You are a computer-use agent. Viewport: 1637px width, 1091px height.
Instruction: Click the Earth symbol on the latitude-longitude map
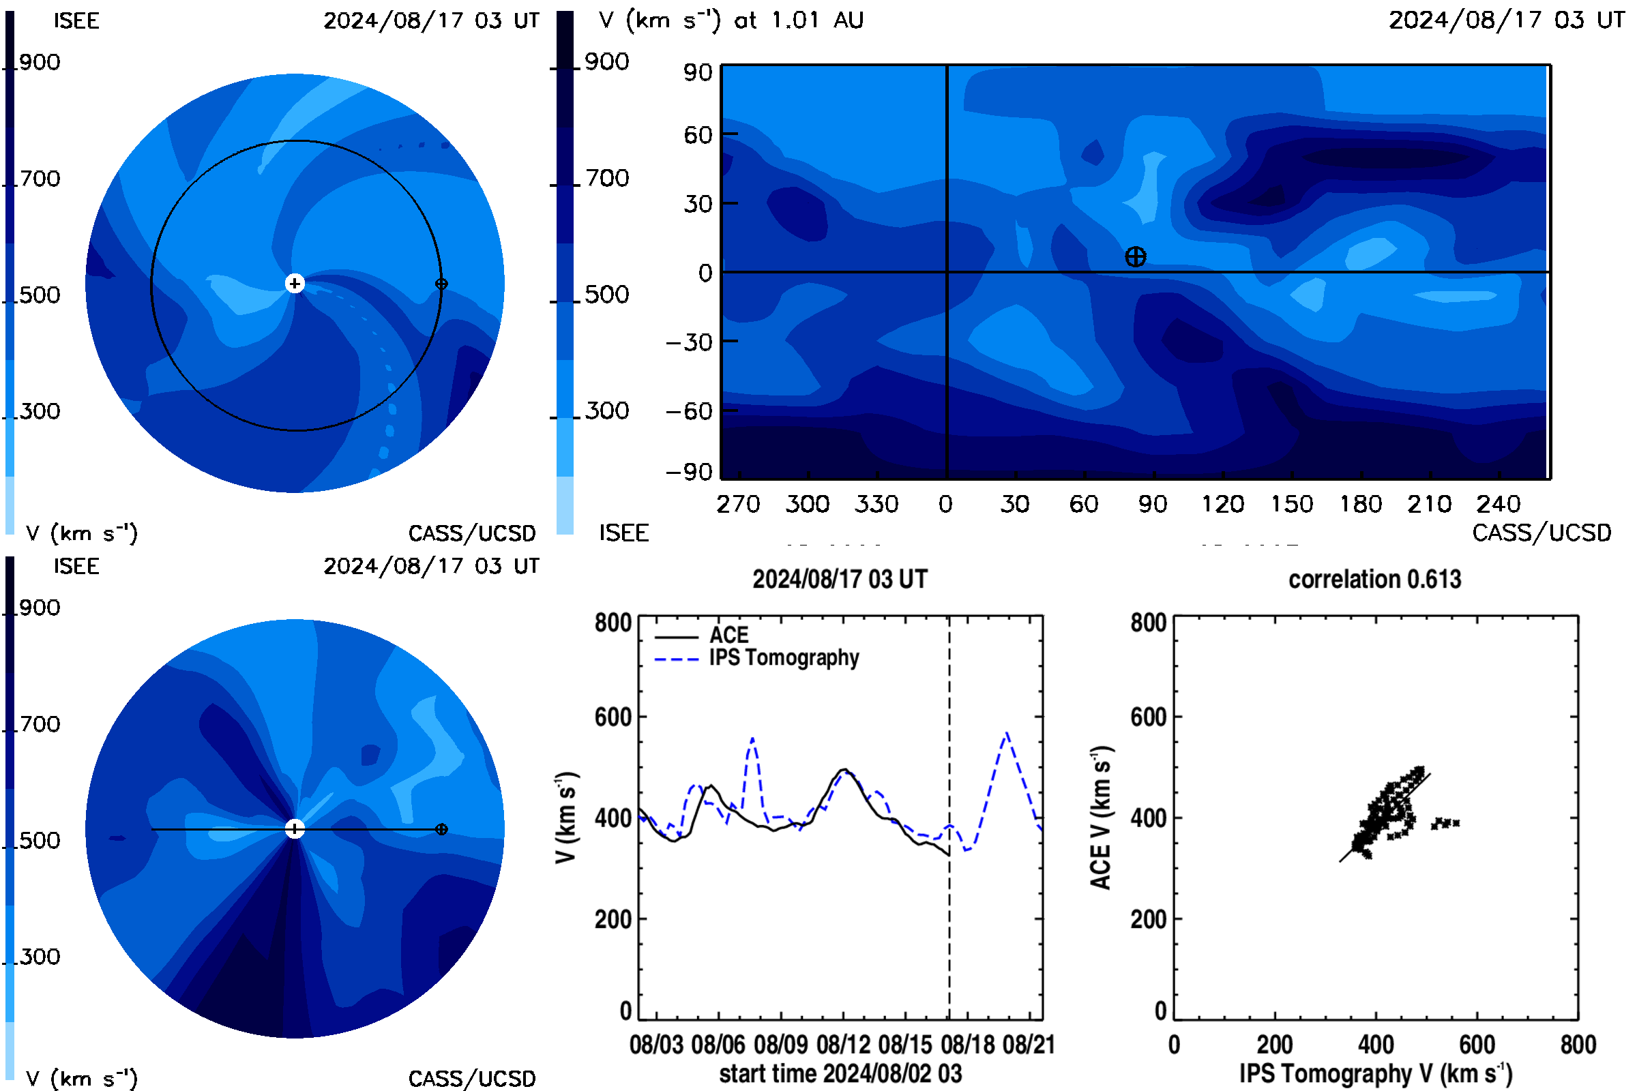tap(1135, 257)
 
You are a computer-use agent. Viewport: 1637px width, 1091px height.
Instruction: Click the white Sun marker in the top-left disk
tap(295, 283)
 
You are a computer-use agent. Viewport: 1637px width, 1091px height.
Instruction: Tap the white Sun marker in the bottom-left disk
tap(295, 828)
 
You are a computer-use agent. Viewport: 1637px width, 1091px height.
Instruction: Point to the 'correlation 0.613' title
tap(1374, 579)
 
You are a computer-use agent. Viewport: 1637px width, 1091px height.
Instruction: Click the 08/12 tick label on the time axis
tap(843, 1045)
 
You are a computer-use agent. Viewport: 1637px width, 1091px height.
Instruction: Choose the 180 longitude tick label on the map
tap(1361, 504)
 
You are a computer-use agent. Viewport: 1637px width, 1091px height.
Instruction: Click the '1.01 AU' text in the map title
tap(817, 20)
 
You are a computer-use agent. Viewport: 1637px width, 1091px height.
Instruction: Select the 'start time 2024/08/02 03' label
tap(840, 1073)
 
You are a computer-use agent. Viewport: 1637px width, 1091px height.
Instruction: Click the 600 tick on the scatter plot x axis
tap(1477, 1045)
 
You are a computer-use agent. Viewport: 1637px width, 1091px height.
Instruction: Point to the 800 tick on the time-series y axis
tap(613, 623)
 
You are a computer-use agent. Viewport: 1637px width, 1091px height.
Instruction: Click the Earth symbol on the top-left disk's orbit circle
tap(441, 284)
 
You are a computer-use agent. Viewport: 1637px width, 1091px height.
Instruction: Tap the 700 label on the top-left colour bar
tap(40, 179)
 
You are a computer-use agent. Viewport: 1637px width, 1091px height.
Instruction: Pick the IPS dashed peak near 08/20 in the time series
tap(1007, 734)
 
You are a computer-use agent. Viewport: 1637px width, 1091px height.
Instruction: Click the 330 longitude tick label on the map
tap(876, 504)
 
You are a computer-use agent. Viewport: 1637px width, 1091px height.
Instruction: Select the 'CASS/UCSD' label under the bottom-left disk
tap(472, 1079)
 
